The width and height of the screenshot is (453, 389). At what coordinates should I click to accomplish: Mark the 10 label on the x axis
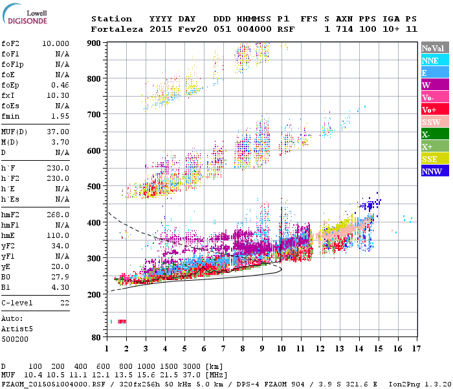tap(282, 349)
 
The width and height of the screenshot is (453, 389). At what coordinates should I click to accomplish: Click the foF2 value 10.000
tap(56, 43)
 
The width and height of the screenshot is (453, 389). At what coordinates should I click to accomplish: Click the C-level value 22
tap(64, 303)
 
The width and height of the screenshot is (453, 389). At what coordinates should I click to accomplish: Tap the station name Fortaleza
tap(117, 29)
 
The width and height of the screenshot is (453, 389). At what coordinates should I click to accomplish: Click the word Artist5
tap(17, 329)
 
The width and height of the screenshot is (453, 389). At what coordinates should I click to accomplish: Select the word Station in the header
tap(111, 19)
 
